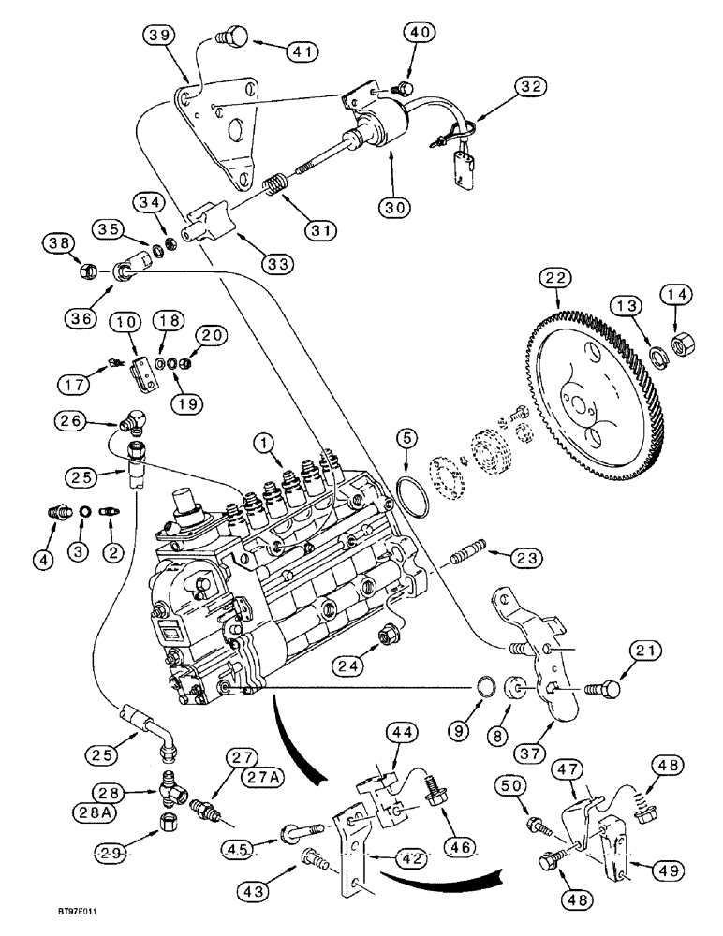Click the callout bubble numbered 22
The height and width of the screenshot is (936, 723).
click(559, 278)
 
